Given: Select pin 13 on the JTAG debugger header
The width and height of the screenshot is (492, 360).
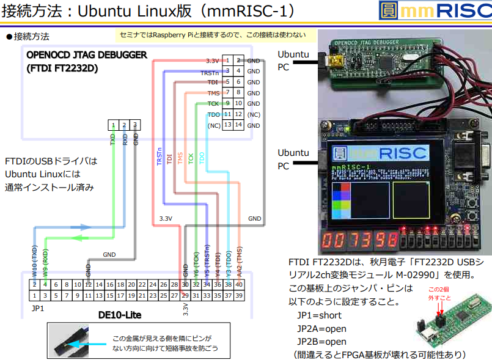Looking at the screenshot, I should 227,125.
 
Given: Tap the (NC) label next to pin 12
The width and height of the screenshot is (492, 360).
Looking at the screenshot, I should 254,114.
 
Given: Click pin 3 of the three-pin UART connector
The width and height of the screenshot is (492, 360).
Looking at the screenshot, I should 135,125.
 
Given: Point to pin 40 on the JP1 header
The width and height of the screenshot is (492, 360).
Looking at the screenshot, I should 239,284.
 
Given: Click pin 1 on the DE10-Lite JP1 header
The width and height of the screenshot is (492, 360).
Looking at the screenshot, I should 35,296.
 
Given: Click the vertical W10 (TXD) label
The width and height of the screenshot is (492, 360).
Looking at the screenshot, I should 35,259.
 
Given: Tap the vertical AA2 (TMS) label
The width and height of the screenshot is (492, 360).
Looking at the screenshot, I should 239,259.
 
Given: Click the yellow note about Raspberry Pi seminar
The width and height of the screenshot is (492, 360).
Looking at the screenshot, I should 212,35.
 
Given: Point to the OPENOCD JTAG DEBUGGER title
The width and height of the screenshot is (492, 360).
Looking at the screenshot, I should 86,55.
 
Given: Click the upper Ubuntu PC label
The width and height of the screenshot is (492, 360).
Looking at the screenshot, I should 293,60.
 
